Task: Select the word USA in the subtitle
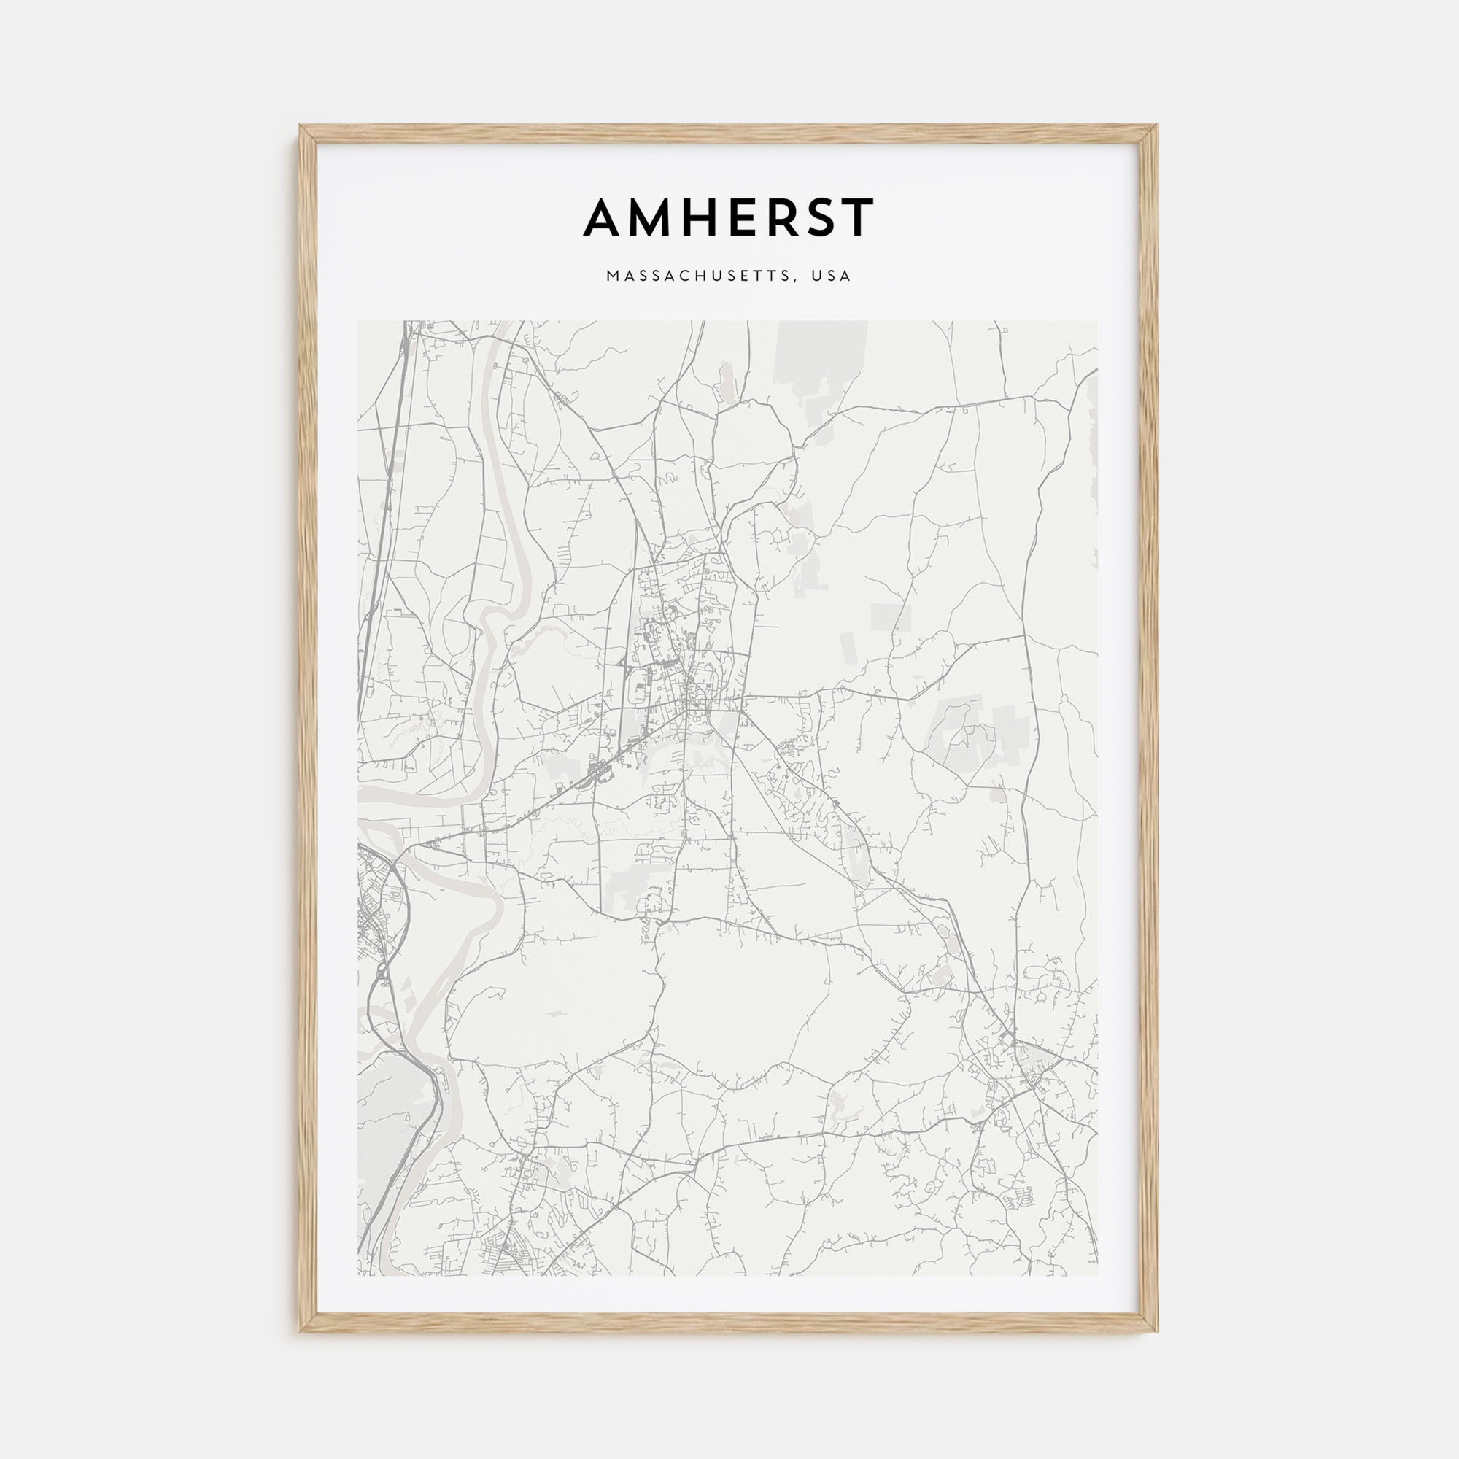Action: coord(832,276)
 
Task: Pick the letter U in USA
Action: coord(816,276)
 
